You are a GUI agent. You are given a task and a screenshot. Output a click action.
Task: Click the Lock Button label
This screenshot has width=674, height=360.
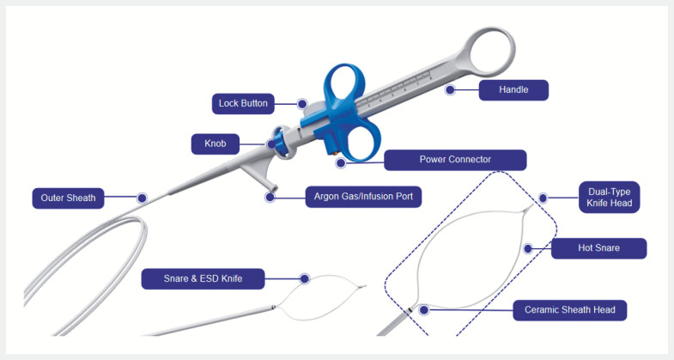[x=243, y=104]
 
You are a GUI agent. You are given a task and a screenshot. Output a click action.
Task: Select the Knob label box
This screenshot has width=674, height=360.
[x=215, y=143]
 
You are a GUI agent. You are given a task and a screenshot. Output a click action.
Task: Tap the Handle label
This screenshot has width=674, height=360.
[x=513, y=90]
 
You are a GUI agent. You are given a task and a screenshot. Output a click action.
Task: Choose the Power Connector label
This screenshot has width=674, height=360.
[x=455, y=160]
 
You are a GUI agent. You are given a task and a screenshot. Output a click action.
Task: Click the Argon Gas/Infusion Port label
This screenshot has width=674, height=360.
[x=363, y=197]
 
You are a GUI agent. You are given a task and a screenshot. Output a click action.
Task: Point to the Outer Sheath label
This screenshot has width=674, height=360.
[x=68, y=198]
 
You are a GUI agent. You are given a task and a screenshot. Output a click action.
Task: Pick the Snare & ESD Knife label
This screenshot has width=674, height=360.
[x=203, y=278]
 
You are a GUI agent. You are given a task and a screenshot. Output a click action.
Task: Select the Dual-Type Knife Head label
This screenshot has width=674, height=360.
[x=609, y=198]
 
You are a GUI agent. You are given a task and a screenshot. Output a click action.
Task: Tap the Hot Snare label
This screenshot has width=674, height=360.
[x=598, y=248]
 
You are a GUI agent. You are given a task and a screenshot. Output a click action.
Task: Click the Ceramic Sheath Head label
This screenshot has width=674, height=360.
[x=569, y=310]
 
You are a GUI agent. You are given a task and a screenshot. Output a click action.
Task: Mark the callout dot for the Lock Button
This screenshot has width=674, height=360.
[x=302, y=104]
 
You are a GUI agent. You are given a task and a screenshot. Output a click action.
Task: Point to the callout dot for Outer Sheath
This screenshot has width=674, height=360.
[x=143, y=198]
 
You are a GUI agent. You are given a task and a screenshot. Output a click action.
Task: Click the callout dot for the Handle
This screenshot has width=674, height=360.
[x=450, y=90]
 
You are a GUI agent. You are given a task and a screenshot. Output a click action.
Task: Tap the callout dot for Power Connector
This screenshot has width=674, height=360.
[x=341, y=163]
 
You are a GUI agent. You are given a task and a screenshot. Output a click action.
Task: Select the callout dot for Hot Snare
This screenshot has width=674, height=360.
[x=528, y=248]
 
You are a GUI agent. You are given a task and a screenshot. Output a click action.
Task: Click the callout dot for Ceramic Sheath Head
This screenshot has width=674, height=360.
[x=424, y=309]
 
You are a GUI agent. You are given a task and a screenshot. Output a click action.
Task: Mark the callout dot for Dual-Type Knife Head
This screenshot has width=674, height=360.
[x=543, y=198]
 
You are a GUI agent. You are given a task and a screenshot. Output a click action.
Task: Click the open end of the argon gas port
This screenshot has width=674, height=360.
[x=273, y=188]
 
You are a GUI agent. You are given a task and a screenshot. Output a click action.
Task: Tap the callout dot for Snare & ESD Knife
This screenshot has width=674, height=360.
[x=305, y=278]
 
